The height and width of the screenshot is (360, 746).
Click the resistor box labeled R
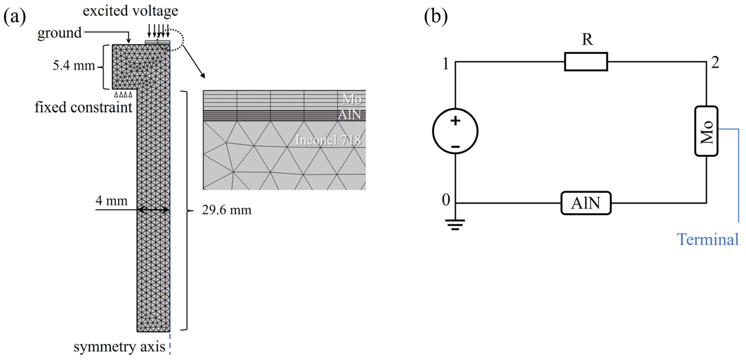point(586,61)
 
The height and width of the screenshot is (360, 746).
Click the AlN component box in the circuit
point(586,203)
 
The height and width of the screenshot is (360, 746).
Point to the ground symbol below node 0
point(455,225)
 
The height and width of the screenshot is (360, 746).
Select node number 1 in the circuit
point(446,64)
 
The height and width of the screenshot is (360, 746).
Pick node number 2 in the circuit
point(715,63)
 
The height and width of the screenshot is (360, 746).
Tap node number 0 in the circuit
point(446,200)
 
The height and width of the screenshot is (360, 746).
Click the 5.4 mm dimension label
point(74,66)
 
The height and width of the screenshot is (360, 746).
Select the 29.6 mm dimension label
point(226,210)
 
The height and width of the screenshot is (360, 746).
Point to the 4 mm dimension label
point(111,201)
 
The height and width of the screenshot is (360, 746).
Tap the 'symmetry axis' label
point(119,347)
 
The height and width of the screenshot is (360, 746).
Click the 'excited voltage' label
point(130,11)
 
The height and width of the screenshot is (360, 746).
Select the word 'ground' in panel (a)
point(59,33)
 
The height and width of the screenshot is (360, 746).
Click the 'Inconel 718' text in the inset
point(328,140)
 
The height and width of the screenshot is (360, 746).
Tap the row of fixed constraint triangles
point(123,94)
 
